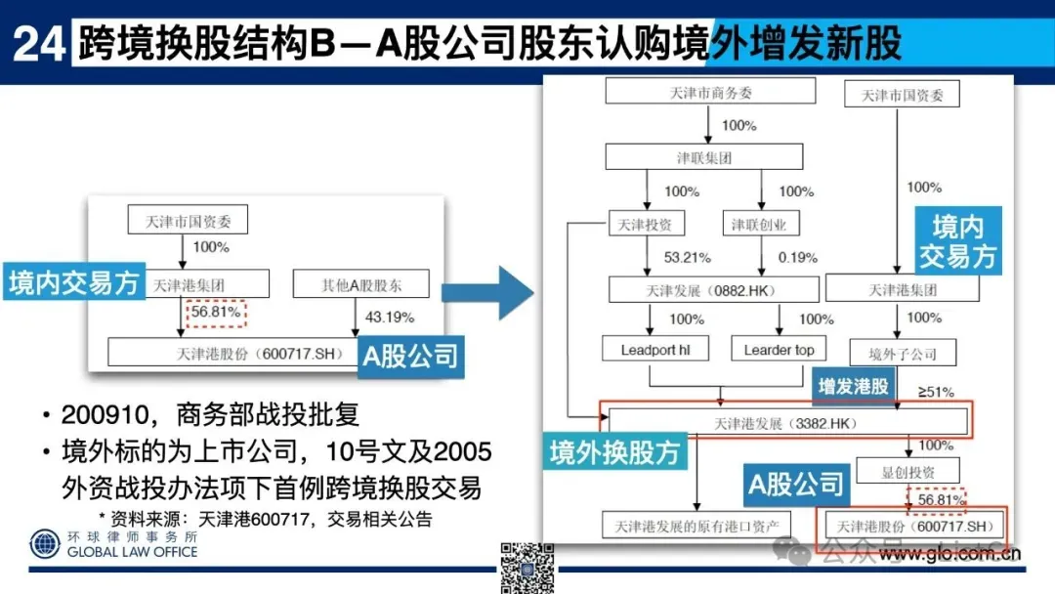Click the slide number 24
[x=38, y=44]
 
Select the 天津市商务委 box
[x=710, y=92]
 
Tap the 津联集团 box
[x=704, y=158]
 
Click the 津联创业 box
[x=759, y=224]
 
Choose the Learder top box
[x=779, y=350]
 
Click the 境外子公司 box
[x=889, y=353]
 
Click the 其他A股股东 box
[x=361, y=285]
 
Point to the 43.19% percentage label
[x=389, y=318]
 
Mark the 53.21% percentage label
[x=687, y=258]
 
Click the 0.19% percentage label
[x=798, y=258]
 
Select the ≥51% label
[x=935, y=392]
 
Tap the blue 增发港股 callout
[x=854, y=386]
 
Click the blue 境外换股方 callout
[x=614, y=452]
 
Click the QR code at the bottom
[x=527, y=567]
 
